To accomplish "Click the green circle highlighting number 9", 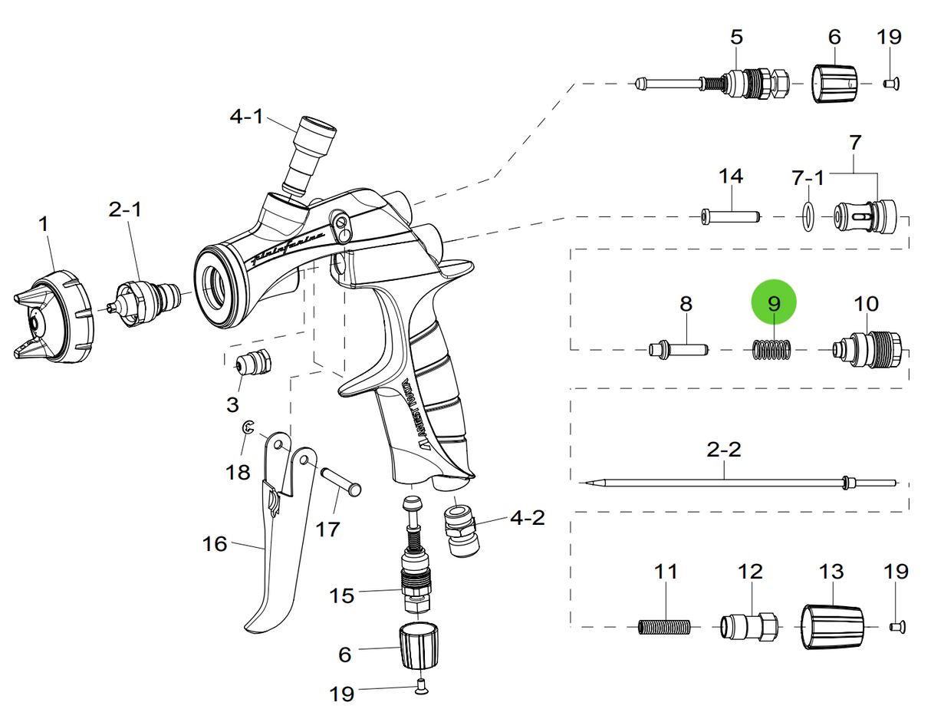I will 774,303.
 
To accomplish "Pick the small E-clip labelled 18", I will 247,430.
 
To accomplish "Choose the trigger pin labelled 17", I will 341,482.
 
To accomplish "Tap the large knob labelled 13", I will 834,627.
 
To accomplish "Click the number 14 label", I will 731,176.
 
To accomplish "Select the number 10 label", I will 867,303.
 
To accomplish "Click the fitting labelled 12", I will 748,627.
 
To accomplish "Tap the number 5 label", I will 736,36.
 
